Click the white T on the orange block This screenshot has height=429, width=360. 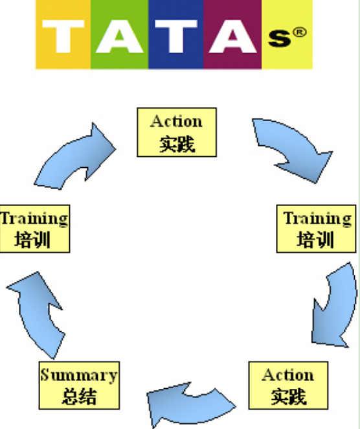pyautogui.click(x=63, y=36)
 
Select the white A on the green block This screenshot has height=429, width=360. pyautogui.click(x=119, y=36)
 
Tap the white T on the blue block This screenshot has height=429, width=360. pyautogui.click(x=176, y=36)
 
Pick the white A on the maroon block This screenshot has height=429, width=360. pyautogui.click(x=232, y=36)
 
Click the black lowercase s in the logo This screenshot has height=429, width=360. pyautogui.click(x=279, y=38)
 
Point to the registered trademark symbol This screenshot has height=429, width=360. pyautogui.click(x=300, y=32)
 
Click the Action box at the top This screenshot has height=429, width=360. pyautogui.click(x=177, y=132)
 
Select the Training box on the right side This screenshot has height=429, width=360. pyautogui.click(x=316, y=229)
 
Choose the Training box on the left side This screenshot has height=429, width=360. pyautogui.click(x=35, y=229)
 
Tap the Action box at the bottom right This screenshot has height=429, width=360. pyautogui.click(x=288, y=386)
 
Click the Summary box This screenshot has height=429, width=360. pyautogui.click(x=79, y=386)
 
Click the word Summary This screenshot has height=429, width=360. pyautogui.click(x=79, y=375)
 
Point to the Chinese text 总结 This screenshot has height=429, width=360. pyautogui.click(x=79, y=397)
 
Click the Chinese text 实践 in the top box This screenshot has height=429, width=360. pyautogui.click(x=177, y=144)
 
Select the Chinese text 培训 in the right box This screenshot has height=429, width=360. pyautogui.click(x=315, y=240)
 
